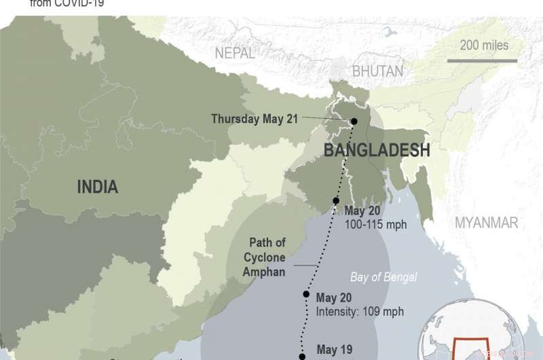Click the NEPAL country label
(x=235, y=53)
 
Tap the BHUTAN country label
(x=377, y=71)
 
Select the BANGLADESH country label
(x=377, y=150)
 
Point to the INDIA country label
(x=97, y=186)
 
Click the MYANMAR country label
(x=486, y=223)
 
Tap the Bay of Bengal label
(x=383, y=277)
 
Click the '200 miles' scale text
(x=484, y=46)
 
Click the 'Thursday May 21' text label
(x=255, y=119)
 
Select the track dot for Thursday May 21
(x=354, y=122)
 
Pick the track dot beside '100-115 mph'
(x=336, y=201)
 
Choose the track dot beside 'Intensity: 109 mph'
(x=307, y=295)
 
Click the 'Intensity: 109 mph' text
(x=360, y=312)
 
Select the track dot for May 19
(x=302, y=355)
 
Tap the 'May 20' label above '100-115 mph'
(x=362, y=210)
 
